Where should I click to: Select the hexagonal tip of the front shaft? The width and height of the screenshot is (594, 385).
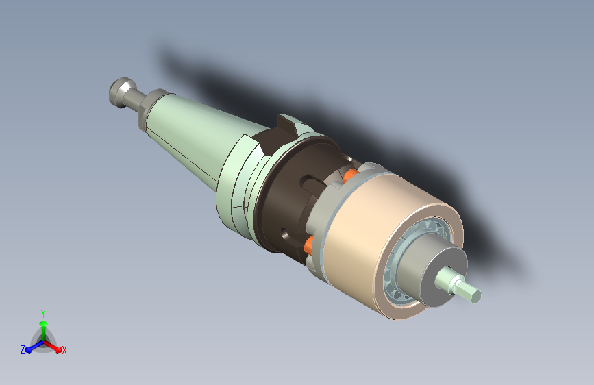tap(471, 293)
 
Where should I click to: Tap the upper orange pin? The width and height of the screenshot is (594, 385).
tap(349, 175)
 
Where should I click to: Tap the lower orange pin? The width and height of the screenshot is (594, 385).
tap(309, 243)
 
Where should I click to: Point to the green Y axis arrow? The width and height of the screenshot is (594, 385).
tap(43, 326)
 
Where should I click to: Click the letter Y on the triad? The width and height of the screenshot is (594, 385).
tap(43, 312)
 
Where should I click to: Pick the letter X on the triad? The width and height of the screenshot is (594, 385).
tap(64, 351)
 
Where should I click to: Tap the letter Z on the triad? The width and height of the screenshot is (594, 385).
tap(23, 349)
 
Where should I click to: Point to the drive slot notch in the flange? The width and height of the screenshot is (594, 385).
tap(281, 134)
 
